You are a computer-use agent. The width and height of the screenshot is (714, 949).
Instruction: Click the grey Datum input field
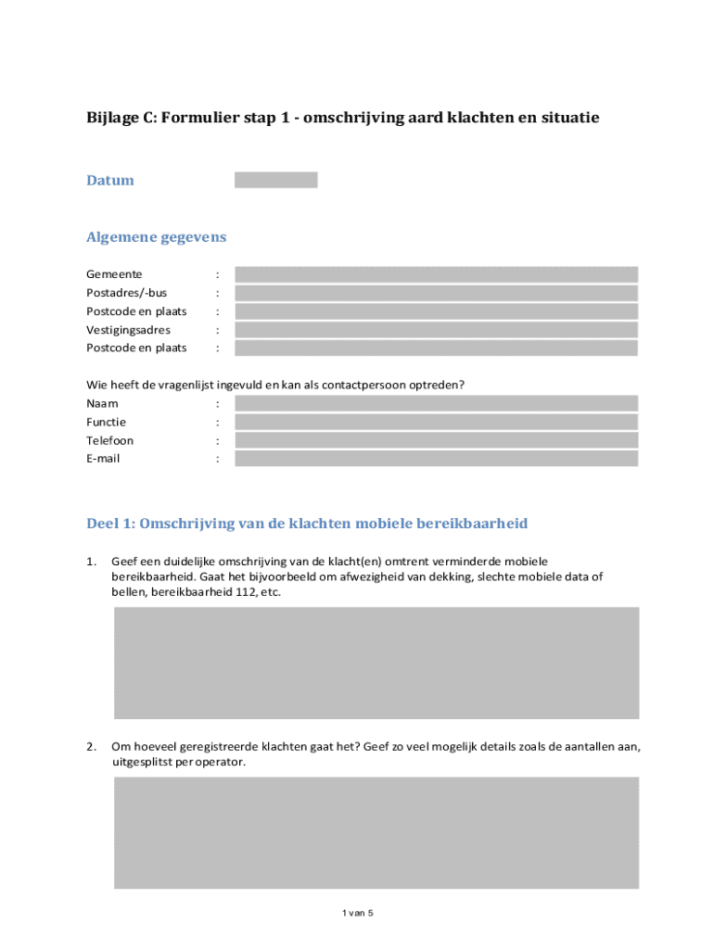[x=275, y=180]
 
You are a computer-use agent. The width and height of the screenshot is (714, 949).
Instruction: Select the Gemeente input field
[x=436, y=274]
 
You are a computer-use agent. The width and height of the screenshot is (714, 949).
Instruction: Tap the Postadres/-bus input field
[x=436, y=293]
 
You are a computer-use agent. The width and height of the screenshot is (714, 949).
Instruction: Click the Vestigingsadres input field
[x=436, y=330]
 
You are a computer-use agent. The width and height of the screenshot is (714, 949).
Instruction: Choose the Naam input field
[x=436, y=403]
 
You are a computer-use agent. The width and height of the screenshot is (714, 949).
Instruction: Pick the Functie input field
[x=436, y=422]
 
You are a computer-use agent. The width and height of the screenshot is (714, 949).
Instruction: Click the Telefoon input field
[x=436, y=440]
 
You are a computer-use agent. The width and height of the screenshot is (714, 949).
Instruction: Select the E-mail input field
[x=436, y=459]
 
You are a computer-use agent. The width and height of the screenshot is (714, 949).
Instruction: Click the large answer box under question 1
[x=376, y=663]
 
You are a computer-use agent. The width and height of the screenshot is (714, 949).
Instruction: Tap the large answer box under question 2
[x=376, y=832]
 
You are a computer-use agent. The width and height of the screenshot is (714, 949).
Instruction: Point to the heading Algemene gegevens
[x=156, y=237]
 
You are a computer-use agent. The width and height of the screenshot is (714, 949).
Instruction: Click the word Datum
[x=110, y=180]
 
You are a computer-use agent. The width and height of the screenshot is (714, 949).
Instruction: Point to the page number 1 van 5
[x=357, y=913]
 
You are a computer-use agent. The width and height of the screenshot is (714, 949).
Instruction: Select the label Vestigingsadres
[x=128, y=330]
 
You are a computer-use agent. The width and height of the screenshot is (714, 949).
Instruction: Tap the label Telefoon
[x=109, y=440]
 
